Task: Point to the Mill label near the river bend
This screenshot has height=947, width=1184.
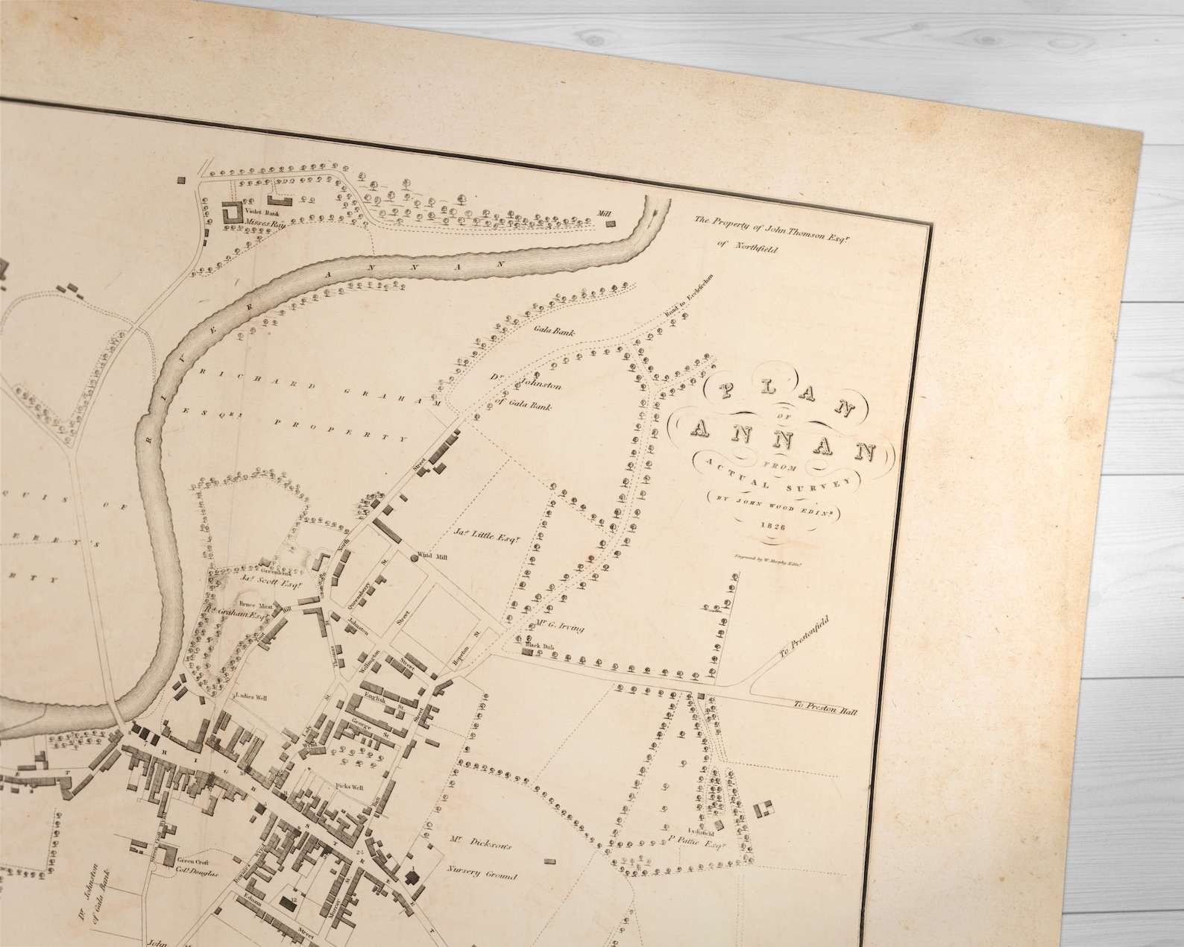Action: (x=604, y=213)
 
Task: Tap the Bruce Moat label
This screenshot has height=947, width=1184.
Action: (x=248, y=605)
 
